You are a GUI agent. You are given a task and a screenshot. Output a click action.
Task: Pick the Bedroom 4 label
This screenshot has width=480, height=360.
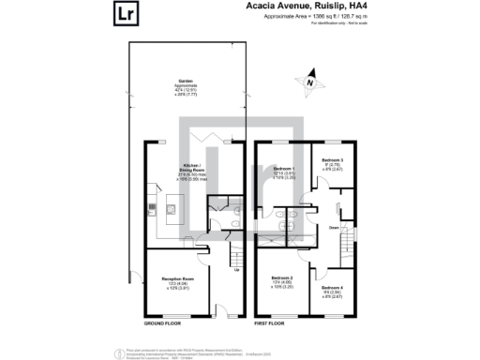pos(334,292)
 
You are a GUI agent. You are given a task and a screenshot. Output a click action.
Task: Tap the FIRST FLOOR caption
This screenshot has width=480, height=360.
pos(269,323)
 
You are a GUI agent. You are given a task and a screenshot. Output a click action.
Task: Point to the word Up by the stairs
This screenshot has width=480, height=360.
pos(235,272)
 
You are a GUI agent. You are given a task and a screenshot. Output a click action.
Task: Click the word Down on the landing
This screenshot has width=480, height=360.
pos(334,227)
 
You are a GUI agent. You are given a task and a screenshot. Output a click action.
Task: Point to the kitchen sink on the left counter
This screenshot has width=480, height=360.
pos(148,207)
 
